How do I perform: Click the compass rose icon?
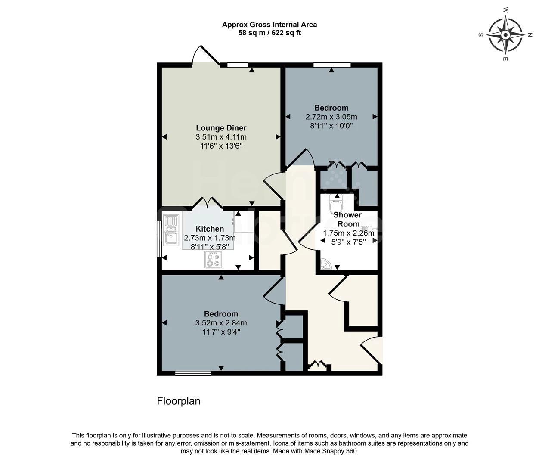505,35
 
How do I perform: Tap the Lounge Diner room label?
221,128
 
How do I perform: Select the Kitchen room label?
210,229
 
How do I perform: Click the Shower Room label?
348,219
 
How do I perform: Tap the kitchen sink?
171,230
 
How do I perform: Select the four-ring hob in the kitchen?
213,260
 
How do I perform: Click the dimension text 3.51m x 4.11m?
221,137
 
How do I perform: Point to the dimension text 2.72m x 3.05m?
331,117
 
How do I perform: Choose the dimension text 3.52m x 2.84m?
221,323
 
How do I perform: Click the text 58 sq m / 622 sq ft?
269,33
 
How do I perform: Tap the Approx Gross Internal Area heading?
269,25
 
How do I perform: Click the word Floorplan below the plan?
179,401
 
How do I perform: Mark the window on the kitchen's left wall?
159,239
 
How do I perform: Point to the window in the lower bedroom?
193,373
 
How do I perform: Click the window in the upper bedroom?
331,65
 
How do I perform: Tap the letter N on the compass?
530,34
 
